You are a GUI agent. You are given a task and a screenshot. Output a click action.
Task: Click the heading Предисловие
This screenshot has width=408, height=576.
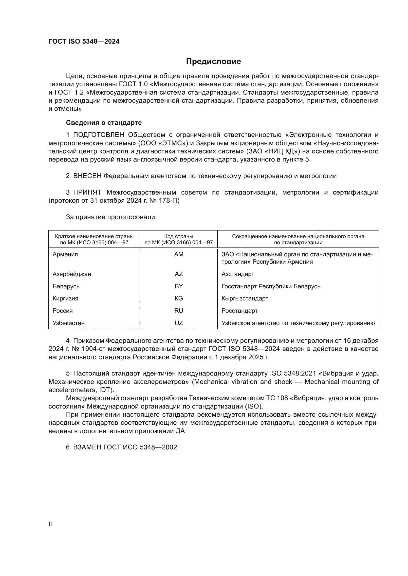[213, 62]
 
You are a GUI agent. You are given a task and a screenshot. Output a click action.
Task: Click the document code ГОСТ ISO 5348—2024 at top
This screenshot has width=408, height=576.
[84, 42]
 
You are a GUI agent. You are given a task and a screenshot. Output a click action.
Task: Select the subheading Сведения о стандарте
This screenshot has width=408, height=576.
[104, 123]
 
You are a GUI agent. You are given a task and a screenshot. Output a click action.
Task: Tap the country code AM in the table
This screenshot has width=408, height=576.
[179, 254]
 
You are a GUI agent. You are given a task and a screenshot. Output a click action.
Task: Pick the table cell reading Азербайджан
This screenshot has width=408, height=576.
[72, 274]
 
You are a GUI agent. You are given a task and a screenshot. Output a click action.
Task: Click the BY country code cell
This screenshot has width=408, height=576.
[179, 286]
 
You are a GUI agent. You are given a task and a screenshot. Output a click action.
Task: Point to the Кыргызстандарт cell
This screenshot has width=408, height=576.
[245, 298]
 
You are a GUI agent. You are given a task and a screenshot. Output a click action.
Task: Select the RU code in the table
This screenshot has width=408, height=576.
[179, 311]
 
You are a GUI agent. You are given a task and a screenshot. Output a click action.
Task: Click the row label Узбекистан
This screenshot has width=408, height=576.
[69, 323]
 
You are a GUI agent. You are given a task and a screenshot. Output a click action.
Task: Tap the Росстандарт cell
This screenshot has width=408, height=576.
[240, 311]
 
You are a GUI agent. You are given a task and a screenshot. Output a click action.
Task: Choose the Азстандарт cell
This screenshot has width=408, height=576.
[238, 274]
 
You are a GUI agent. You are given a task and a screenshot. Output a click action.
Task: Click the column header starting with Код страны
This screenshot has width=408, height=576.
[179, 239]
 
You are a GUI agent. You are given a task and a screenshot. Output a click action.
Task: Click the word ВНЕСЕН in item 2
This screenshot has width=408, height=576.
[87, 176]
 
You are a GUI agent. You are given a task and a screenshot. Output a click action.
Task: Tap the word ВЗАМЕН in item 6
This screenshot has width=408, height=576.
[87, 447]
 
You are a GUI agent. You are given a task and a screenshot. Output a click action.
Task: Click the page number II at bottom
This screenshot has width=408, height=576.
[50, 524]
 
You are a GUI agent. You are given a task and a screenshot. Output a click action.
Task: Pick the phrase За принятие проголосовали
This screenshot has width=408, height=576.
[111, 217]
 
